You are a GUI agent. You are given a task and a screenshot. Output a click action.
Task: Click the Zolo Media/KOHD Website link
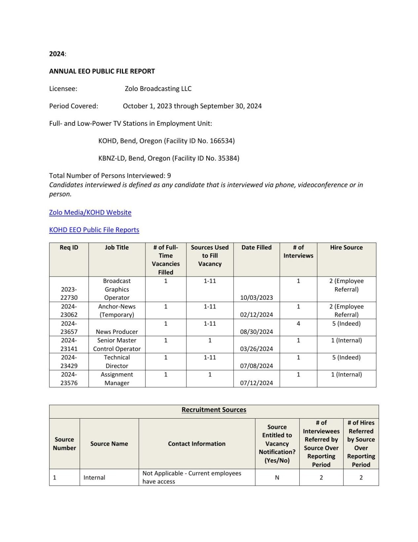click(x=90, y=212)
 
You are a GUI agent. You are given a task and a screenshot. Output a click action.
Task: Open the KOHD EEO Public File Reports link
click(x=94, y=230)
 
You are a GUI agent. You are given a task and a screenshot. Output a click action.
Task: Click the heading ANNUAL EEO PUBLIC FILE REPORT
click(x=102, y=71)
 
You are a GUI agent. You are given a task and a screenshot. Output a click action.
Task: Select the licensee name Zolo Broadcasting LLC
click(x=158, y=89)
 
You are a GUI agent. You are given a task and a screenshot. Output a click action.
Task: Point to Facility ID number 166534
click(x=222, y=141)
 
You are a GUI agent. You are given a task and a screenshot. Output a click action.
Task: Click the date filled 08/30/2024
click(x=256, y=332)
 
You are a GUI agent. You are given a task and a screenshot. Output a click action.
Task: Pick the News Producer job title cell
click(x=117, y=332)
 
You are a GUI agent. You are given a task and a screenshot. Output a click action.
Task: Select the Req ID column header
click(x=69, y=248)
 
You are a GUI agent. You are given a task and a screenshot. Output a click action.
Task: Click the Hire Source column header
click(x=346, y=248)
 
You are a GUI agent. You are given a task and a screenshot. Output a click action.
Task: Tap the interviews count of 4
click(x=298, y=324)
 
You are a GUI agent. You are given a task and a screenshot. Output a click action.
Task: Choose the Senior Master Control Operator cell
click(x=117, y=344)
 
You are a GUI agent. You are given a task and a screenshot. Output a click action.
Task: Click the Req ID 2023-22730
click(x=69, y=294)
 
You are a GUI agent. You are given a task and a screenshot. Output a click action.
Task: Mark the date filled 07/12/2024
click(x=256, y=383)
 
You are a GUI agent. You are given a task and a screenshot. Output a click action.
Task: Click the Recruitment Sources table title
click(x=214, y=410)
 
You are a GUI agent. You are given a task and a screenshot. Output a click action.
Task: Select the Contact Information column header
click(x=197, y=444)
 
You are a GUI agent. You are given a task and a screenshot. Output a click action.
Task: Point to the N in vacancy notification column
click(x=277, y=477)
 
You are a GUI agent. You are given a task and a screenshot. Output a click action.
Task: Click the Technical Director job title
click(x=117, y=362)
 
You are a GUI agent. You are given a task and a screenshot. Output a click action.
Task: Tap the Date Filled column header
click(x=256, y=248)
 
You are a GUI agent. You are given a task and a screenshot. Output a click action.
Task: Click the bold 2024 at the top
click(x=57, y=54)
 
